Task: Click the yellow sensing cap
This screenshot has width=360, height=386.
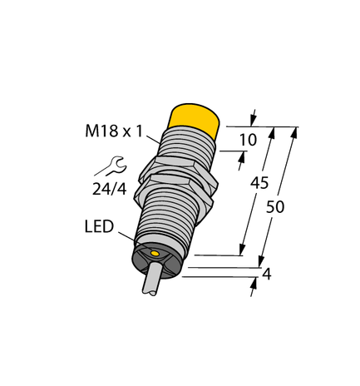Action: (x=195, y=117)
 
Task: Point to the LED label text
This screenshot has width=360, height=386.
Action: (x=99, y=226)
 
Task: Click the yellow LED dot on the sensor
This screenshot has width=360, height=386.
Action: (x=154, y=251)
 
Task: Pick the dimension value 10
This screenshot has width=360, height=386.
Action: (x=247, y=141)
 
